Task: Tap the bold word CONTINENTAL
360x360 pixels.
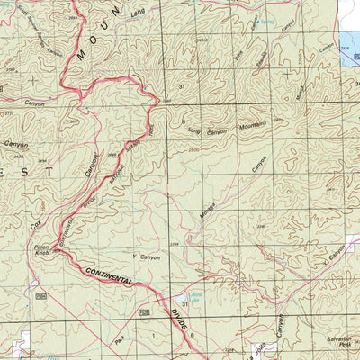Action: [x=110, y=275]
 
